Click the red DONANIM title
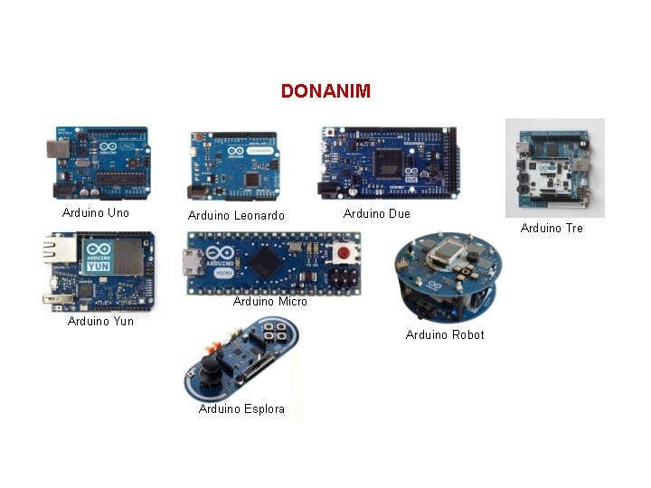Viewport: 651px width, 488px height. click(325, 91)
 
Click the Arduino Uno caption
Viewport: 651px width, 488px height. click(96, 213)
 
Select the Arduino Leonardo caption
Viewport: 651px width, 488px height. click(236, 215)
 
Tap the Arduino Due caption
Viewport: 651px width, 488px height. click(376, 214)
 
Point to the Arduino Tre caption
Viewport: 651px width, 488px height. click(552, 229)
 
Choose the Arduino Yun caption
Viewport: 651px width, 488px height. click(100, 321)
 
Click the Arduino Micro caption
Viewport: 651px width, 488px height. click(269, 302)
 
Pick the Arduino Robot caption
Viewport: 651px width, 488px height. click(445, 335)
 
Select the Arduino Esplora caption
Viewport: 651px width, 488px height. click(241, 409)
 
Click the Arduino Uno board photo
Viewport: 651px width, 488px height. click(98, 164)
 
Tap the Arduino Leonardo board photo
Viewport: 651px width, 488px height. click(233, 167)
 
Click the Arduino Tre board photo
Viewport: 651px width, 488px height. click(554, 169)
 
